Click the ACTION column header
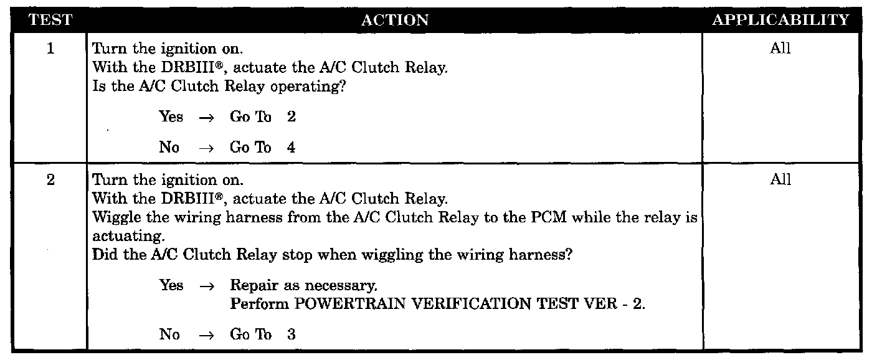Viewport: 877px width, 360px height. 395,21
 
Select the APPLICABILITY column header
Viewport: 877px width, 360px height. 780,21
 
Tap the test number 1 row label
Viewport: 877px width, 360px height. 50,49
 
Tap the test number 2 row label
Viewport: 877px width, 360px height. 50,181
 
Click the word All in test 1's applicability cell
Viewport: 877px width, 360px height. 780,49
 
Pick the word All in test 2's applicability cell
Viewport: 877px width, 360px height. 780,181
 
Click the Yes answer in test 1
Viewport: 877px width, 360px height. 171,118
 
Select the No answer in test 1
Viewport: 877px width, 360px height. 169,148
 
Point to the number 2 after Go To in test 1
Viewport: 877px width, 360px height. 292,118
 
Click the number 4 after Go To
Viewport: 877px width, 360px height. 292,148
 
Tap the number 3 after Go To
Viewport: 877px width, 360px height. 292,334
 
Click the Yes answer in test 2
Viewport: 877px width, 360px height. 171,286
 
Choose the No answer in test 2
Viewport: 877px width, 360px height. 169,334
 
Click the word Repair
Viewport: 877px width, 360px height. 250,286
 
